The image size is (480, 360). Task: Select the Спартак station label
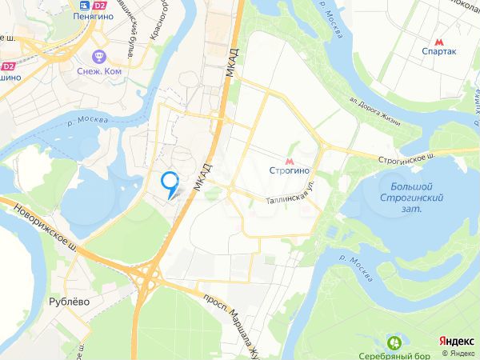pyautogui.click(x=438, y=52)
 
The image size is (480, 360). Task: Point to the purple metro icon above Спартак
pyautogui.click(x=438, y=39)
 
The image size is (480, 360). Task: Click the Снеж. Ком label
pyautogui.click(x=100, y=70)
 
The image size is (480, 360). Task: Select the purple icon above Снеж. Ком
pyautogui.click(x=100, y=57)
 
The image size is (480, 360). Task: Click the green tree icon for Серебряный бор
pyautogui.click(x=394, y=342)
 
